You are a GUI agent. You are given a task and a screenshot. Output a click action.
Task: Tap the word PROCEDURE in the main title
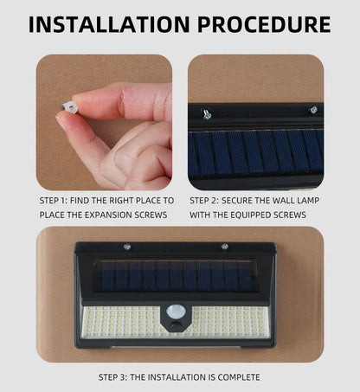point(264,23)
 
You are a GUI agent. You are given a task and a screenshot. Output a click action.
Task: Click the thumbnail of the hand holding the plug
point(104,122)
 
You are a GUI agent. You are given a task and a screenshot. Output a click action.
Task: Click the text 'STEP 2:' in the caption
point(206,200)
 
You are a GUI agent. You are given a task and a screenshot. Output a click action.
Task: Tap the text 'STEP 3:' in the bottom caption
point(119,377)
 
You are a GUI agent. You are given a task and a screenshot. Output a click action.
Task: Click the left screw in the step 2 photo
point(208,113)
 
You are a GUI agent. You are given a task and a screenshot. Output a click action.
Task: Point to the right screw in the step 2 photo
point(313,110)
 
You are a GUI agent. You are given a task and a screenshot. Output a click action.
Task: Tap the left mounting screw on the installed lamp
point(127,247)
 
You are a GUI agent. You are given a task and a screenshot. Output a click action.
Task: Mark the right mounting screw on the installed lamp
point(224,247)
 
